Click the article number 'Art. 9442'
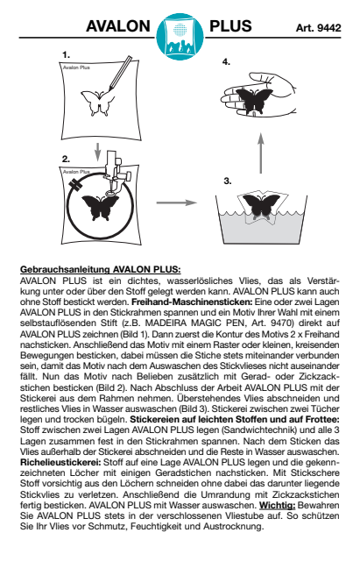click(318, 28)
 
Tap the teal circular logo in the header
click(180, 37)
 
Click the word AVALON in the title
click(118, 26)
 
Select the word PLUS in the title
click(230, 26)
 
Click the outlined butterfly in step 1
click(97, 103)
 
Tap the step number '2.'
click(67, 160)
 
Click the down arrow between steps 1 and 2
click(97, 152)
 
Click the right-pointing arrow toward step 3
click(177, 202)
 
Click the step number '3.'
click(228, 181)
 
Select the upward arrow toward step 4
click(261, 153)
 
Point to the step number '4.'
click(226, 62)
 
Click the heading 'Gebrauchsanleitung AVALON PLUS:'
click(101, 269)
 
